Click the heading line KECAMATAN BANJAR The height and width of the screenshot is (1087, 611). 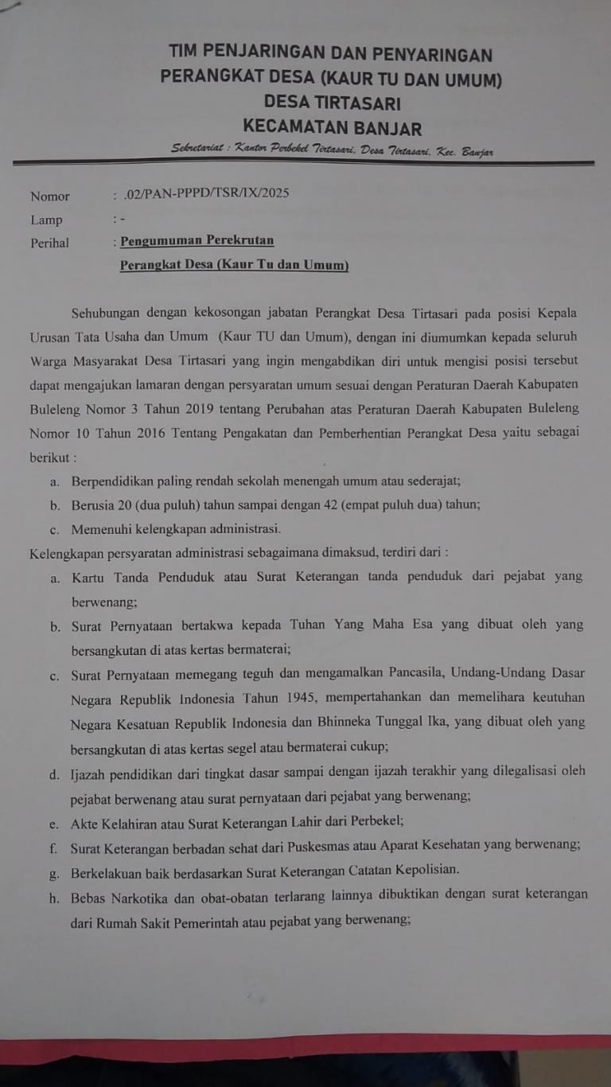[x=332, y=127]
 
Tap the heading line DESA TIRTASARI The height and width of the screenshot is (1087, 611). [x=332, y=103]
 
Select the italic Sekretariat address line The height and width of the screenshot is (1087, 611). [x=332, y=151]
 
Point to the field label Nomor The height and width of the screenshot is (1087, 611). [x=50, y=197]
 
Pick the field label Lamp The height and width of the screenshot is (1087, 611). [x=46, y=220]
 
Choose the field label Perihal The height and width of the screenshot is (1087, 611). [x=50, y=243]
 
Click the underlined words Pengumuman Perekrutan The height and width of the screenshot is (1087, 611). [x=197, y=240]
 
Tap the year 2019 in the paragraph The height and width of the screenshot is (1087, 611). [x=204, y=408]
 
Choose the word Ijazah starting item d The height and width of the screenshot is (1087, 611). [x=88, y=770]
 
